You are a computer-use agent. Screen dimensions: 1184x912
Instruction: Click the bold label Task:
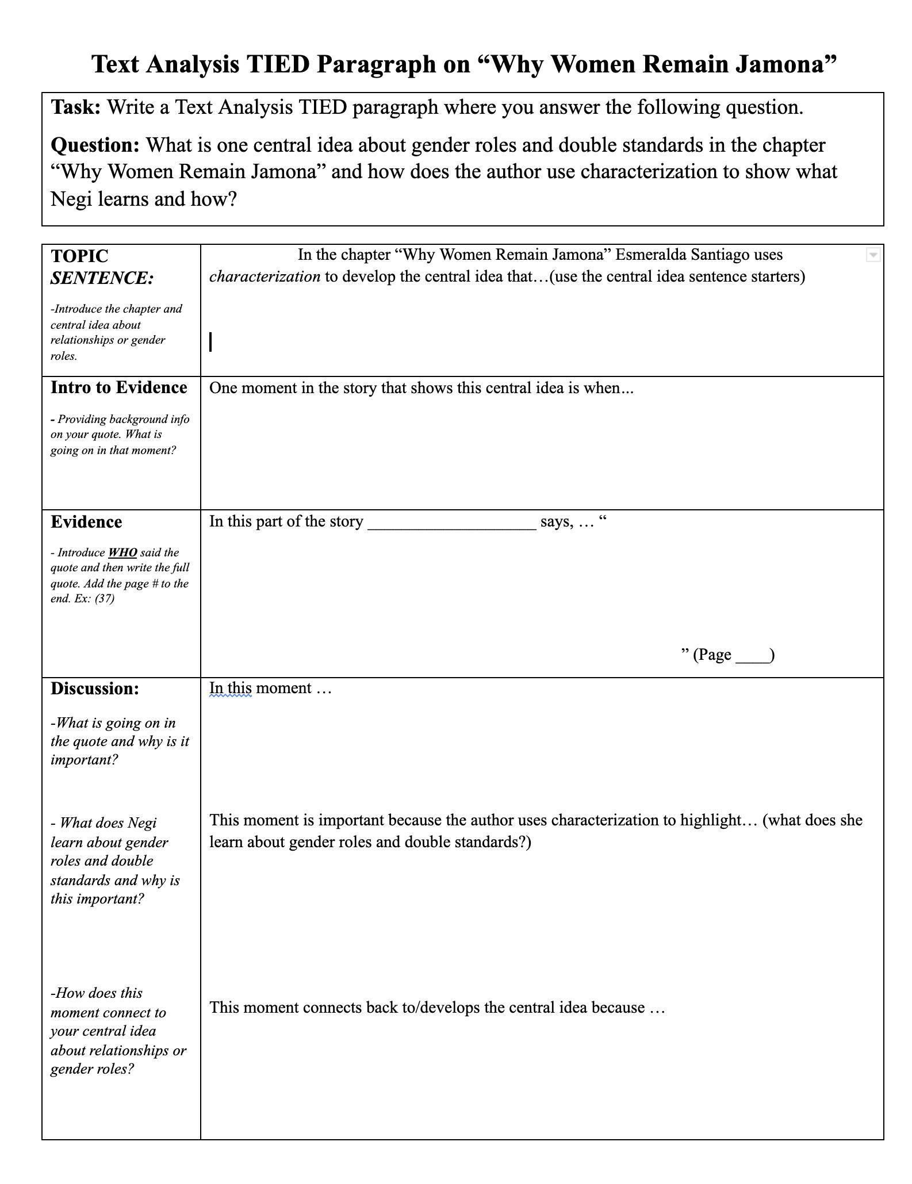tap(76, 107)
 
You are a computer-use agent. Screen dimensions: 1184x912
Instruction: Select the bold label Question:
tap(95, 145)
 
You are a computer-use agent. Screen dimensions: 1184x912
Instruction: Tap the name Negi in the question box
tap(71, 199)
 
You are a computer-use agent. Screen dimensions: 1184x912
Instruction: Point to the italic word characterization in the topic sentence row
tap(265, 276)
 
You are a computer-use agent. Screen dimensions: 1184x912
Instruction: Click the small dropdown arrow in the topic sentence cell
tap(872, 255)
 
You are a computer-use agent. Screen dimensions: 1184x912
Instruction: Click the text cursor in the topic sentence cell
tap(211, 342)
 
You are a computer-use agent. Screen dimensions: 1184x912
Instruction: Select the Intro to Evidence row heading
tap(118, 387)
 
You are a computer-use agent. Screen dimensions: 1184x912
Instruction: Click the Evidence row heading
tap(86, 522)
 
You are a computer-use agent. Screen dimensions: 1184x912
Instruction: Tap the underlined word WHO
tap(122, 552)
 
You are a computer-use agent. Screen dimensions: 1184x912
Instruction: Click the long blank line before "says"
tap(451, 523)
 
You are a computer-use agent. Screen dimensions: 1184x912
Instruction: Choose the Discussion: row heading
tap(95, 689)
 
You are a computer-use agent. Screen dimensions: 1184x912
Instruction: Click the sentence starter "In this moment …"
tap(270, 688)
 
